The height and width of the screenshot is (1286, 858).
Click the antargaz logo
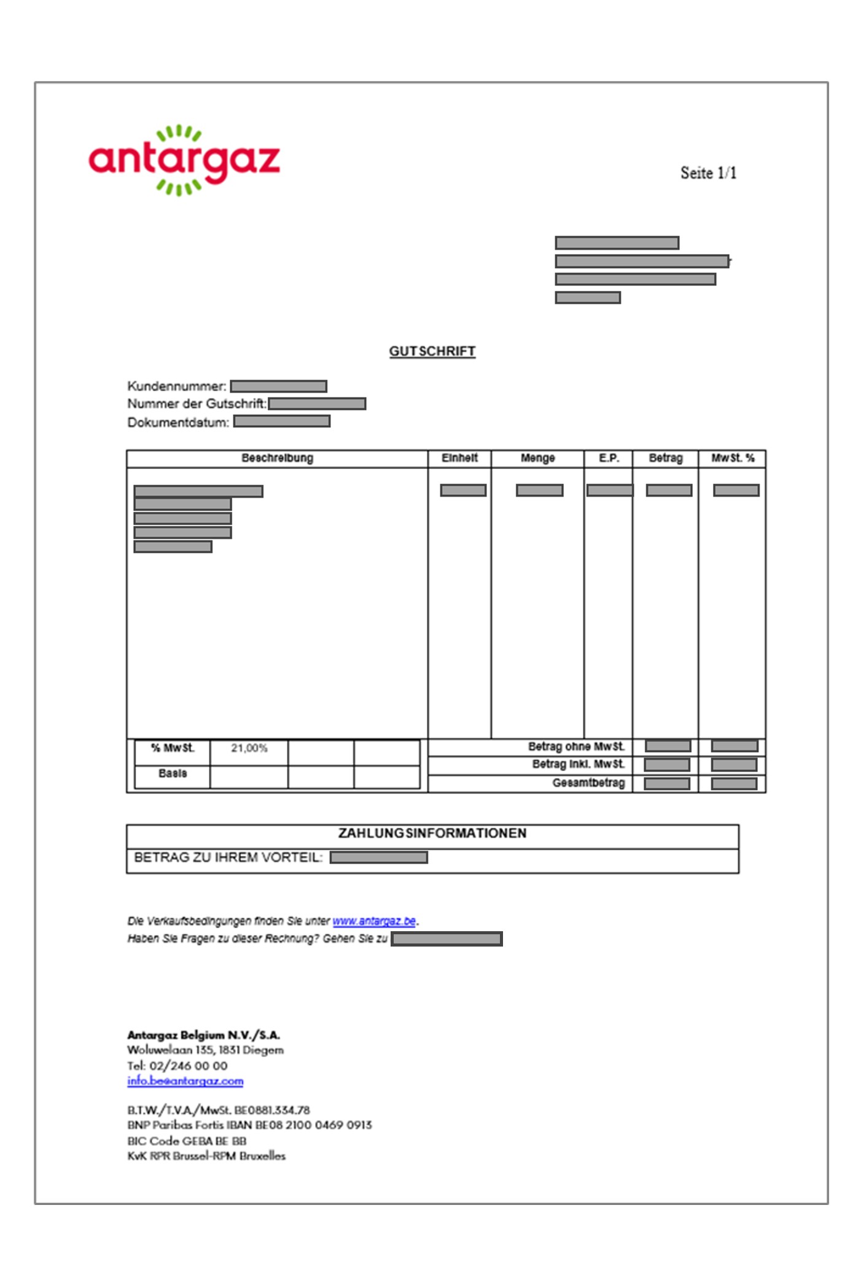pos(184,161)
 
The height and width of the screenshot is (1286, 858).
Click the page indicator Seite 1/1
pos(708,173)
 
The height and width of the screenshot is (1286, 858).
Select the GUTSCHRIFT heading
pos(432,351)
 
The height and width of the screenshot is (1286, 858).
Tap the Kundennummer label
pos(176,386)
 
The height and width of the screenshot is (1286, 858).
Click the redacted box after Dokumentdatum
pos(282,421)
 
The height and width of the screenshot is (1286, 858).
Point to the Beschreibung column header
pos(277,458)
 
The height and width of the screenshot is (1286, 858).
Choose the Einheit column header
pos(459,458)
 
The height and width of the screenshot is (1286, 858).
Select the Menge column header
pos(537,458)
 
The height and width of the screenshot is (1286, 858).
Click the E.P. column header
pos(609,458)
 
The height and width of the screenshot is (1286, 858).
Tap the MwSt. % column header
pos(732,458)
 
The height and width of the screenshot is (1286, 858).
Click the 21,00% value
pos(249,748)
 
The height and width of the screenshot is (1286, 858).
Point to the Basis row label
pos(173,773)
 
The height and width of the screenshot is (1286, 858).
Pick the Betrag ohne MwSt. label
pos(576,746)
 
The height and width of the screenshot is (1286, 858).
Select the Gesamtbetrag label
pos(588,783)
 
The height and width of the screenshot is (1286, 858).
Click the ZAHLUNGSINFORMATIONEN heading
pos(432,833)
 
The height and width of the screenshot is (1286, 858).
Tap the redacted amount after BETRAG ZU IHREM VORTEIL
pos(378,858)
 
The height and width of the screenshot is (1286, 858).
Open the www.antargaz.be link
pos(374,921)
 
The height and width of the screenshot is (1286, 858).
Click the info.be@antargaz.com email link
pos(185,1081)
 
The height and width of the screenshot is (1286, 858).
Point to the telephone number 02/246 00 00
pos(188,1066)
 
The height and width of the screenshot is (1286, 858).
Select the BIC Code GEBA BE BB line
pos(187,1141)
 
